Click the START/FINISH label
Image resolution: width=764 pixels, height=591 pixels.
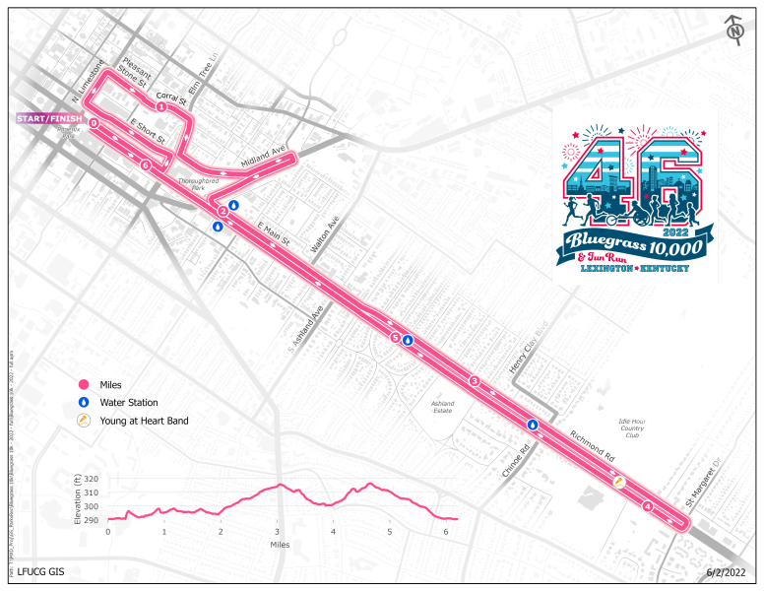(x=48, y=119)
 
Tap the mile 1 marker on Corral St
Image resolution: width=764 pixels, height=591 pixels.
(x=160, y=106)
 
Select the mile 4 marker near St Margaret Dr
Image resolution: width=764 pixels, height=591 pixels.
(x=647, y=506)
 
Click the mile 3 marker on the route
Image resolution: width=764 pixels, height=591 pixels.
(x=474, y=381)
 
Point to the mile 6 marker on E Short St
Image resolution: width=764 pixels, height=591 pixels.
(x=145, y=165)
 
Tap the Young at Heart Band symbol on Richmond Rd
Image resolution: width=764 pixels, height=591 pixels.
(x=619, y=482)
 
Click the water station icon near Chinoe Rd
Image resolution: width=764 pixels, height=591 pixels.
(x=533, y=425)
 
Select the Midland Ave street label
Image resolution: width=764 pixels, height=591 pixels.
(x=263, y=158)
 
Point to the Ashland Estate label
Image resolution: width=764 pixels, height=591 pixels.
(x=441, y=406)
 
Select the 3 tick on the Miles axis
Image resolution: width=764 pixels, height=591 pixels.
(x=278, y=532)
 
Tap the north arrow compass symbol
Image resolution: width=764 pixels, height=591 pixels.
(x=734, y=30)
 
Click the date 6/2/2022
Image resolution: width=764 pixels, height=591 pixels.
(x=727, y=572)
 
